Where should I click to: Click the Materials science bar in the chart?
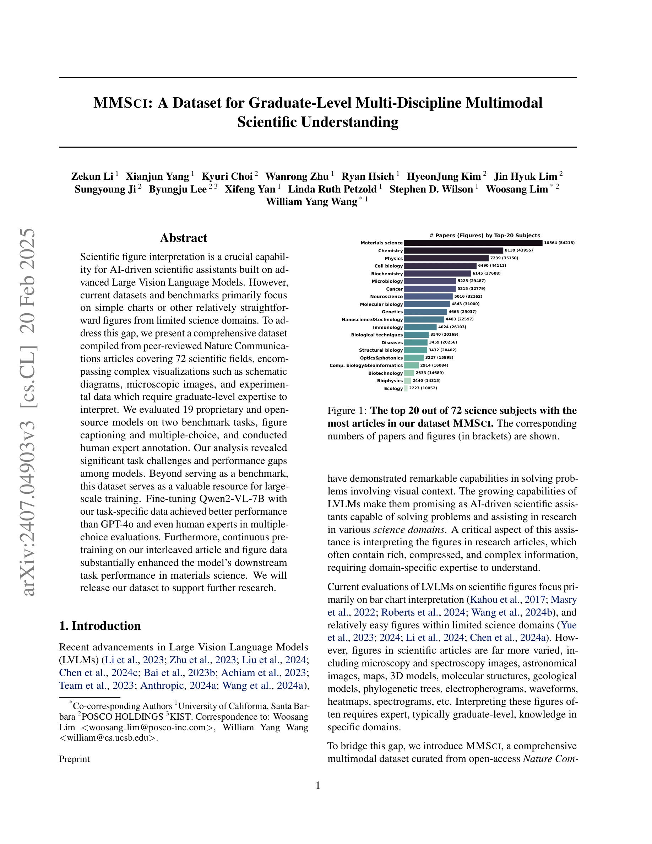(x=473, y=243)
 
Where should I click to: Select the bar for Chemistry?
(x=453, y=250)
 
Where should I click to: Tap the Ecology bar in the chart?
(x=406, y=388)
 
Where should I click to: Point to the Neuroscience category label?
(x=386, y=296)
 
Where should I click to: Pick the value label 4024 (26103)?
(x=452, y=327)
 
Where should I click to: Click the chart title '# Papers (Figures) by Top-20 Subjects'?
(x=485, y=236)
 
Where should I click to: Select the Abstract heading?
(x=184, y=238)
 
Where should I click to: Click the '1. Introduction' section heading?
(x=100, y=626)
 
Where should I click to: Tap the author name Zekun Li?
(x=92, y=177)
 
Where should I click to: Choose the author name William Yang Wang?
(x=311, y=202)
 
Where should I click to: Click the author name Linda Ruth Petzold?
(x=332, y=189)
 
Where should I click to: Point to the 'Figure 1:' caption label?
(x=347, y=410)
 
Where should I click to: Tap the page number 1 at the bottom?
(x=318, y=785)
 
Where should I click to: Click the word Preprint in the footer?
(x=74, y=759)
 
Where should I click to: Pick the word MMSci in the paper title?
(x=121, y=103)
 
